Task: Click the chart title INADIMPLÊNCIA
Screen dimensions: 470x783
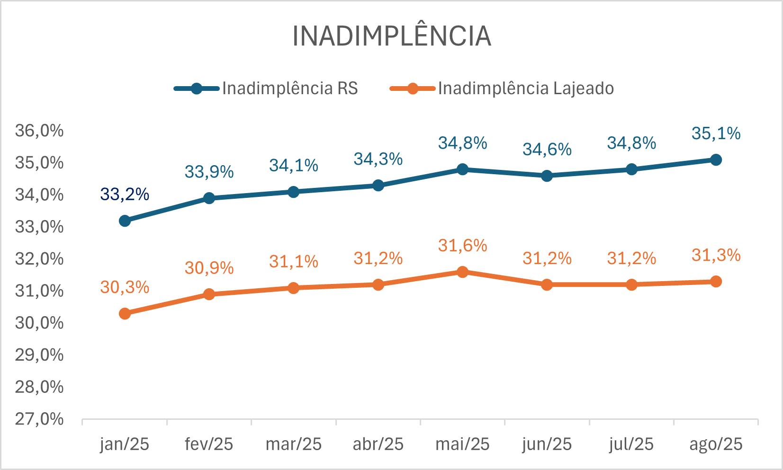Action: point(392,36)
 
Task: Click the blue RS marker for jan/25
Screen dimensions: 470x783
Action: point(125,221)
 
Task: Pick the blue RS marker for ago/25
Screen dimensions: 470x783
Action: point(716,160)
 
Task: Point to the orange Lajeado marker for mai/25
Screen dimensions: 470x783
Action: point(462,272)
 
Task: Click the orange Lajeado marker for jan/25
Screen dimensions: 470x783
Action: point(125,313)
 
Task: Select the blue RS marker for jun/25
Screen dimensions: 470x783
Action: point(547,176)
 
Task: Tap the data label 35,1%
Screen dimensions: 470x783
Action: point(716,133)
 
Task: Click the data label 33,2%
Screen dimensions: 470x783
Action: point(125,195)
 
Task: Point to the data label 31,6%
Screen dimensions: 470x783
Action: point(462,246)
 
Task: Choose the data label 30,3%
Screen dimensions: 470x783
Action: point(125,287)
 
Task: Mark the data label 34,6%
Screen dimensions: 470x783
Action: point(547,150)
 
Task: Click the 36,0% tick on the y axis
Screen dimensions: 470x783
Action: point(39,131)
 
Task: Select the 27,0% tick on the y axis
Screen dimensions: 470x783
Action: point(39,419)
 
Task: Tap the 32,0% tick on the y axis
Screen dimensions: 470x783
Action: point(39,259)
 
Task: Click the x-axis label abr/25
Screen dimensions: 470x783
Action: point(378,444)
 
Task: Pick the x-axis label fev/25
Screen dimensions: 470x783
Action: point(209,444)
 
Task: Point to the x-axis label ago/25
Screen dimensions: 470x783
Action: point(716,444)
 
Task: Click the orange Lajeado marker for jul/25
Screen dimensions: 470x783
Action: point(631,284)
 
